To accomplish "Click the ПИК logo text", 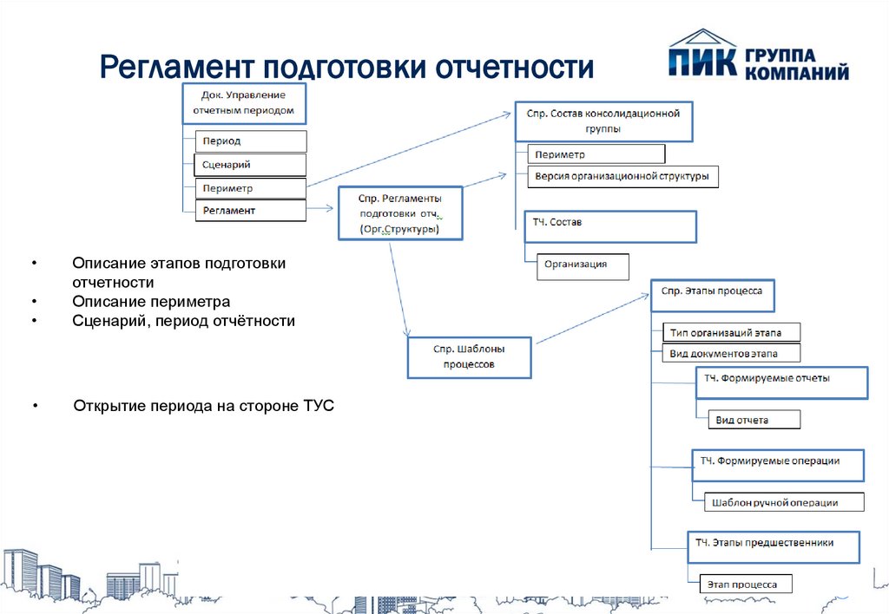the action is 702,62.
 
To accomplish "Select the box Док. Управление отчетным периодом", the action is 244,104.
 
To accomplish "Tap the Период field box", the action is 251,141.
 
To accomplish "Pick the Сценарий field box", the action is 250,165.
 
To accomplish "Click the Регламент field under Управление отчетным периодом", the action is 251,210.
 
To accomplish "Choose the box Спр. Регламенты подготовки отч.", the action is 400,213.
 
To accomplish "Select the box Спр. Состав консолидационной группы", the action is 604,121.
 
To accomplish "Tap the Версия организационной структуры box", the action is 622,176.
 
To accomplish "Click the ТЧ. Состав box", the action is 610,227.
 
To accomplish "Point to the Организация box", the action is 583,266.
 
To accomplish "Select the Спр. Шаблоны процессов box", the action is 469,357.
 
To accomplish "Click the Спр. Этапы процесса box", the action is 712,295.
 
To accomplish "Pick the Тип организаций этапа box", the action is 731,332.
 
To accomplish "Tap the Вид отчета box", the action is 754,420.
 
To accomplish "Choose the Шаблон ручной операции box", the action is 784,502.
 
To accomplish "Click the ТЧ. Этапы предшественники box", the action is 774,547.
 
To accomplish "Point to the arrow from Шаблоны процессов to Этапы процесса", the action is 592,318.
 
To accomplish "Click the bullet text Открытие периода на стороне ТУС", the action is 203,406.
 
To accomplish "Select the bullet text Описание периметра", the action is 151,302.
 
